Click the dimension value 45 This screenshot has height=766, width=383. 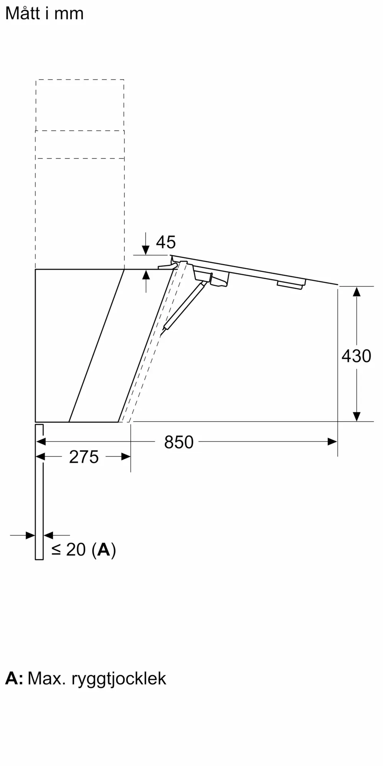pyautogui.click(x=166, y=242)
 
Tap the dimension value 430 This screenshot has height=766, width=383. pyautogui.click(x=356, y=356)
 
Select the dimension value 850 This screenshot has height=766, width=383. pyautogui.click(x=179, y=442)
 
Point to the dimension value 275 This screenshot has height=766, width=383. pyautogui.click(x=84, y=457)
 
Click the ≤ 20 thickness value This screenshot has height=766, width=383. pyautogui.click(x=69, y=550)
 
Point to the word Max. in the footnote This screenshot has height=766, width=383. pyautogui.click(x=44, y=678)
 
